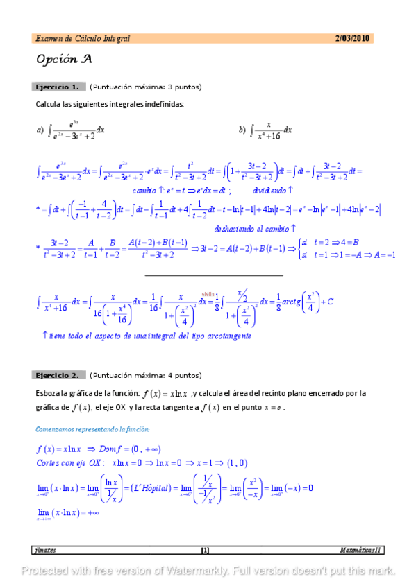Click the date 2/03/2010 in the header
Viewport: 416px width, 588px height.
[x=352, y=38]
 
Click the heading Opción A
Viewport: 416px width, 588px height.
[x=65, y=60]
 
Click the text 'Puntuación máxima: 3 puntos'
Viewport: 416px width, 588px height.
[x=145, y=87]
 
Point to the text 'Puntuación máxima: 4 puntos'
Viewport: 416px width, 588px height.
[x=145, y=375]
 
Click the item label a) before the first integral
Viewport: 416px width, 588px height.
[x=40, y=130]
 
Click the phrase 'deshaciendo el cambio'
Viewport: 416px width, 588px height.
[x=253, y=228]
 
